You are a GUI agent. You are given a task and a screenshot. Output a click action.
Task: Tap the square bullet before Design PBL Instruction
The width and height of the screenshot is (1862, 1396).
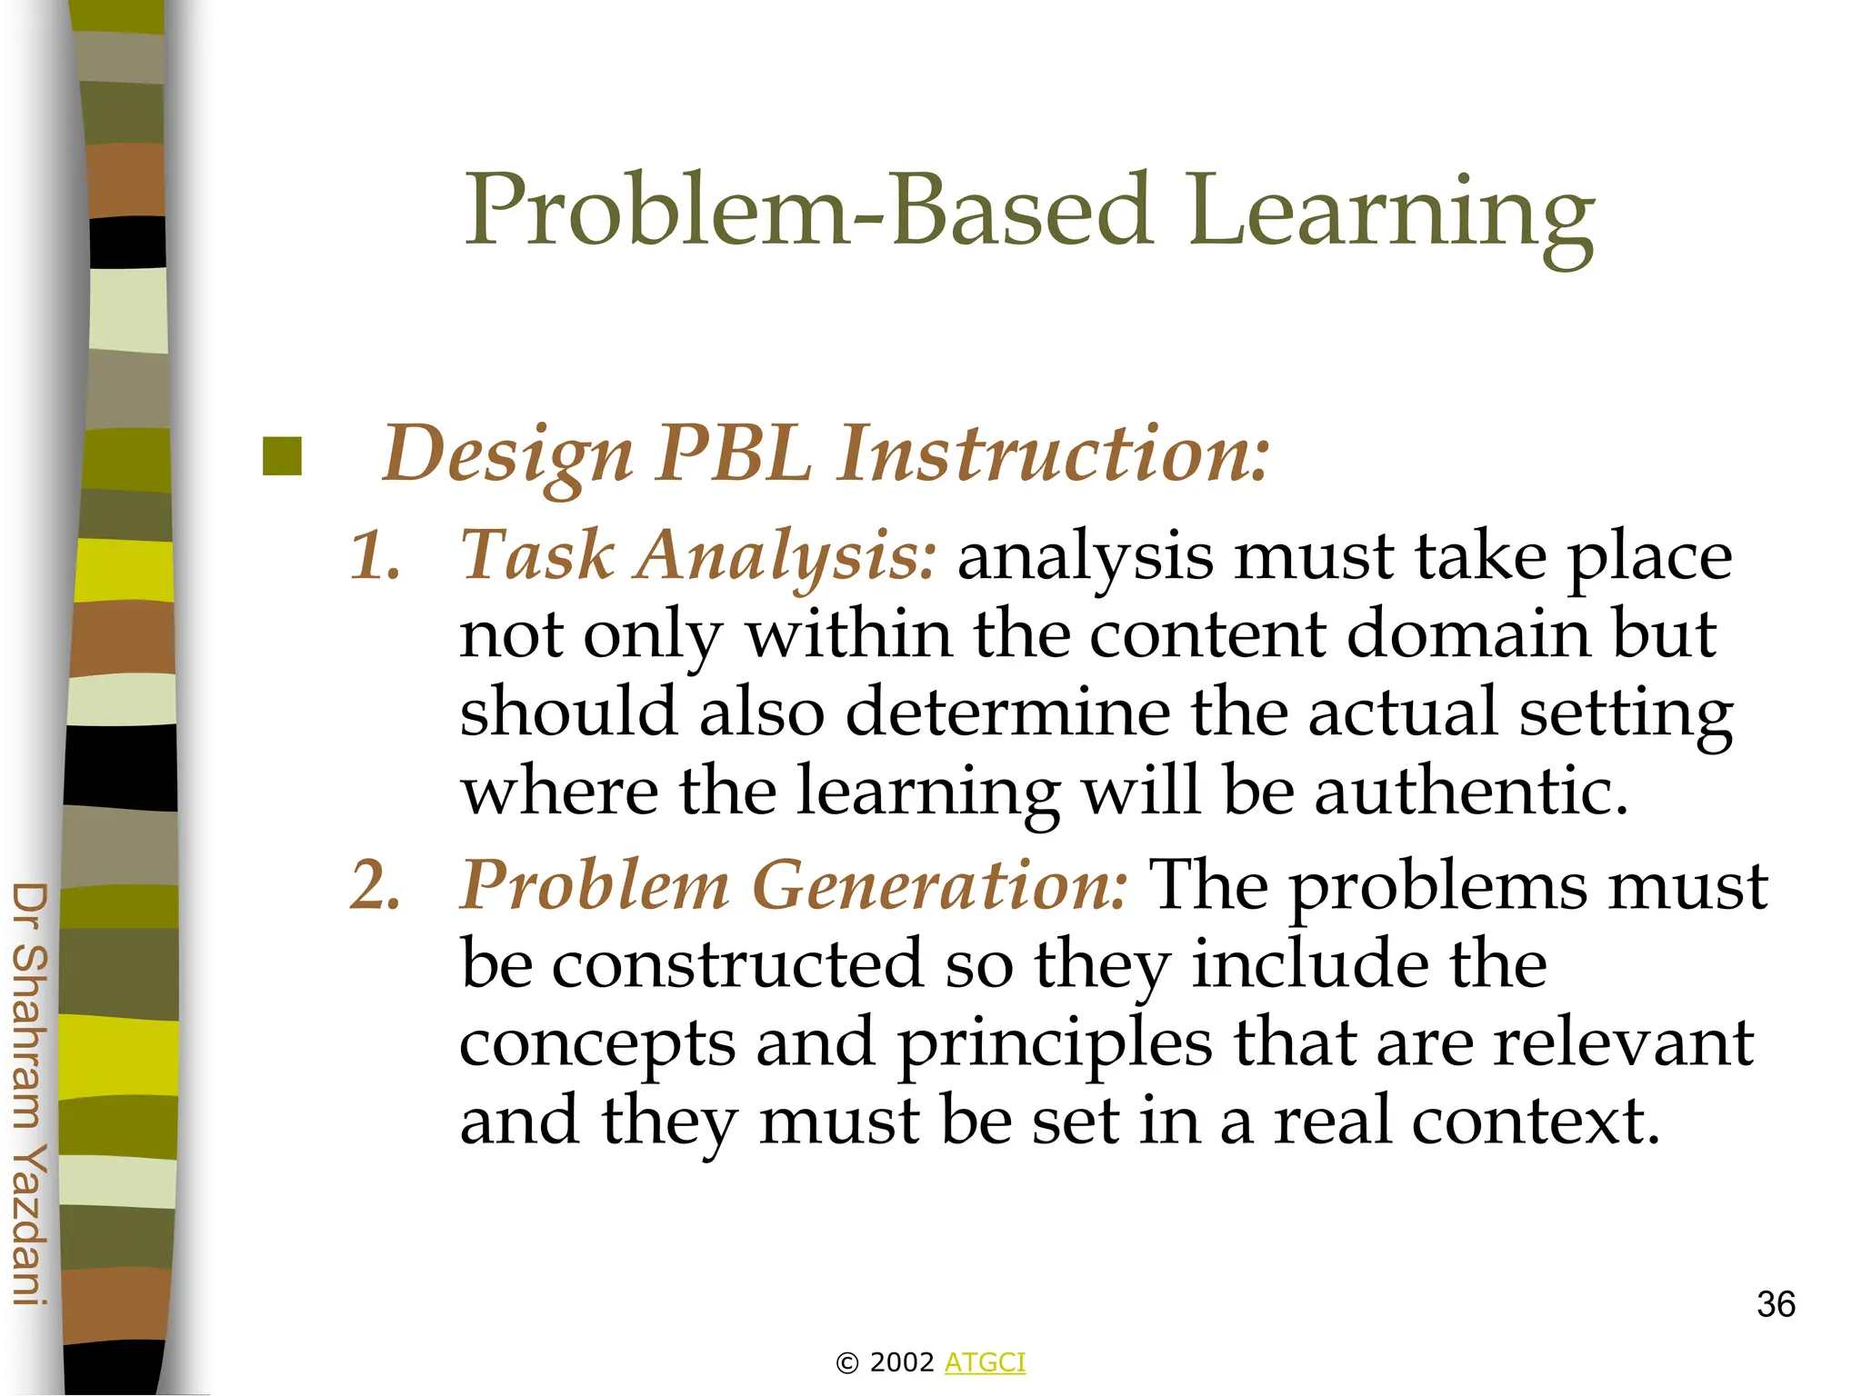(282, 456)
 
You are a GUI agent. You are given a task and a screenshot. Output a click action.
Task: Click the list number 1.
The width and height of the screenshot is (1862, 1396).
(375, 555)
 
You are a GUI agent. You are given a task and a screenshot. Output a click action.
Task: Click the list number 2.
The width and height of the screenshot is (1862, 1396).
(375, 885)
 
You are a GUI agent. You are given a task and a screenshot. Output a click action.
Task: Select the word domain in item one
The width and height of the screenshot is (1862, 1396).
(1467, 633)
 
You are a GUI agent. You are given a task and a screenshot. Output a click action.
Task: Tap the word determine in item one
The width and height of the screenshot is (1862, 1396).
(1007, 712)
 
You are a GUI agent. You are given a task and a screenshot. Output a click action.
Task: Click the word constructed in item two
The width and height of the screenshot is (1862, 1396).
(737, 963)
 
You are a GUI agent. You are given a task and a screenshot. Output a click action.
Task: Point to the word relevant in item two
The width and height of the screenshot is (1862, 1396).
(1624, 1042)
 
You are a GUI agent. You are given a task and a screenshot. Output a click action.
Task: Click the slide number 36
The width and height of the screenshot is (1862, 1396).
(1775, 1305)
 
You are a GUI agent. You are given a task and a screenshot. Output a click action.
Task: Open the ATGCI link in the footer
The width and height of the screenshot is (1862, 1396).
(985, 1362)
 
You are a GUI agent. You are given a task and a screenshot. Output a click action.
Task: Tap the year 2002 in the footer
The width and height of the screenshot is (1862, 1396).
(901, 1362)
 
